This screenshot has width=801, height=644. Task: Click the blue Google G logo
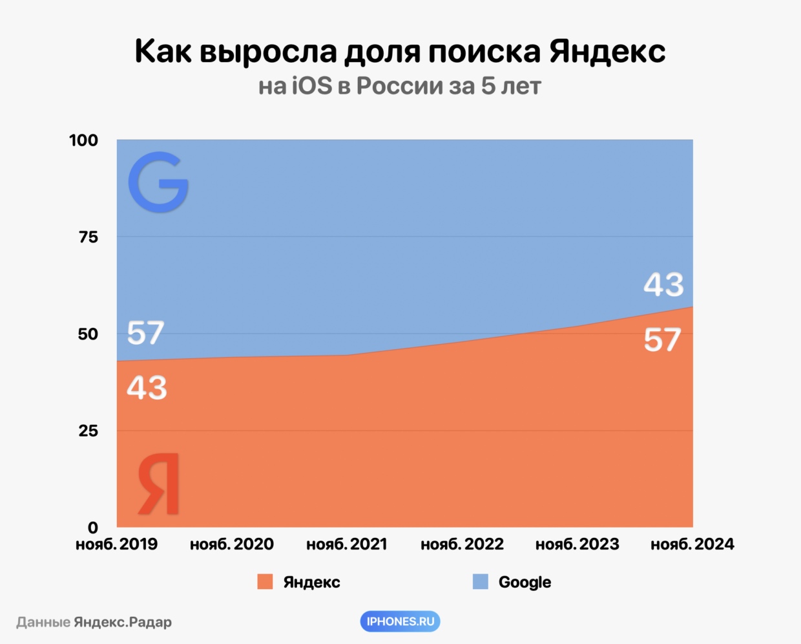click(158, 182)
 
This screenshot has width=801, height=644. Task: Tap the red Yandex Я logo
click(159, 484)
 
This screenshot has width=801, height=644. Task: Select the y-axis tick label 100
click(84, 140)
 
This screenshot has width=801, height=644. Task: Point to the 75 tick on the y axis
click(88, 237)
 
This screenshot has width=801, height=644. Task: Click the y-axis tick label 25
click(88, 431)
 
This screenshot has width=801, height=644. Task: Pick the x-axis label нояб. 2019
click(117, 544)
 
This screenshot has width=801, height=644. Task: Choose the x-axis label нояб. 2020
click(232, 544)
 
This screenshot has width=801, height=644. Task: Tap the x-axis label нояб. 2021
click(347, 544)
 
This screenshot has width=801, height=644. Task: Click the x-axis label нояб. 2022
click(462, 544)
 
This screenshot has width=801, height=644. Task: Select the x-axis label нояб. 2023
click(577, 544)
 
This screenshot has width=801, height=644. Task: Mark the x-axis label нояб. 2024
click(692, 544)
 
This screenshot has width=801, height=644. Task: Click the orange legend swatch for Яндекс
click(265, 582)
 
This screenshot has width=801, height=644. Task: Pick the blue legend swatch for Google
click(481, 582)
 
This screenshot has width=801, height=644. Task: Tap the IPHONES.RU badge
click(400, 621)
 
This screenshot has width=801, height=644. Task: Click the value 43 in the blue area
click(663, 284)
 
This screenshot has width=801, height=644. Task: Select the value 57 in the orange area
click(663, 339)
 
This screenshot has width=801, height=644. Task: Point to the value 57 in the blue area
click(145, 333)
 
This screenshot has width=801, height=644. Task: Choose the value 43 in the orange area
click(147, 388)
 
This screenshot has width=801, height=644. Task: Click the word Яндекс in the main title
click(607, 52)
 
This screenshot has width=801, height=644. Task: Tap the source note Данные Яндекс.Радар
click(94, 622)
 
